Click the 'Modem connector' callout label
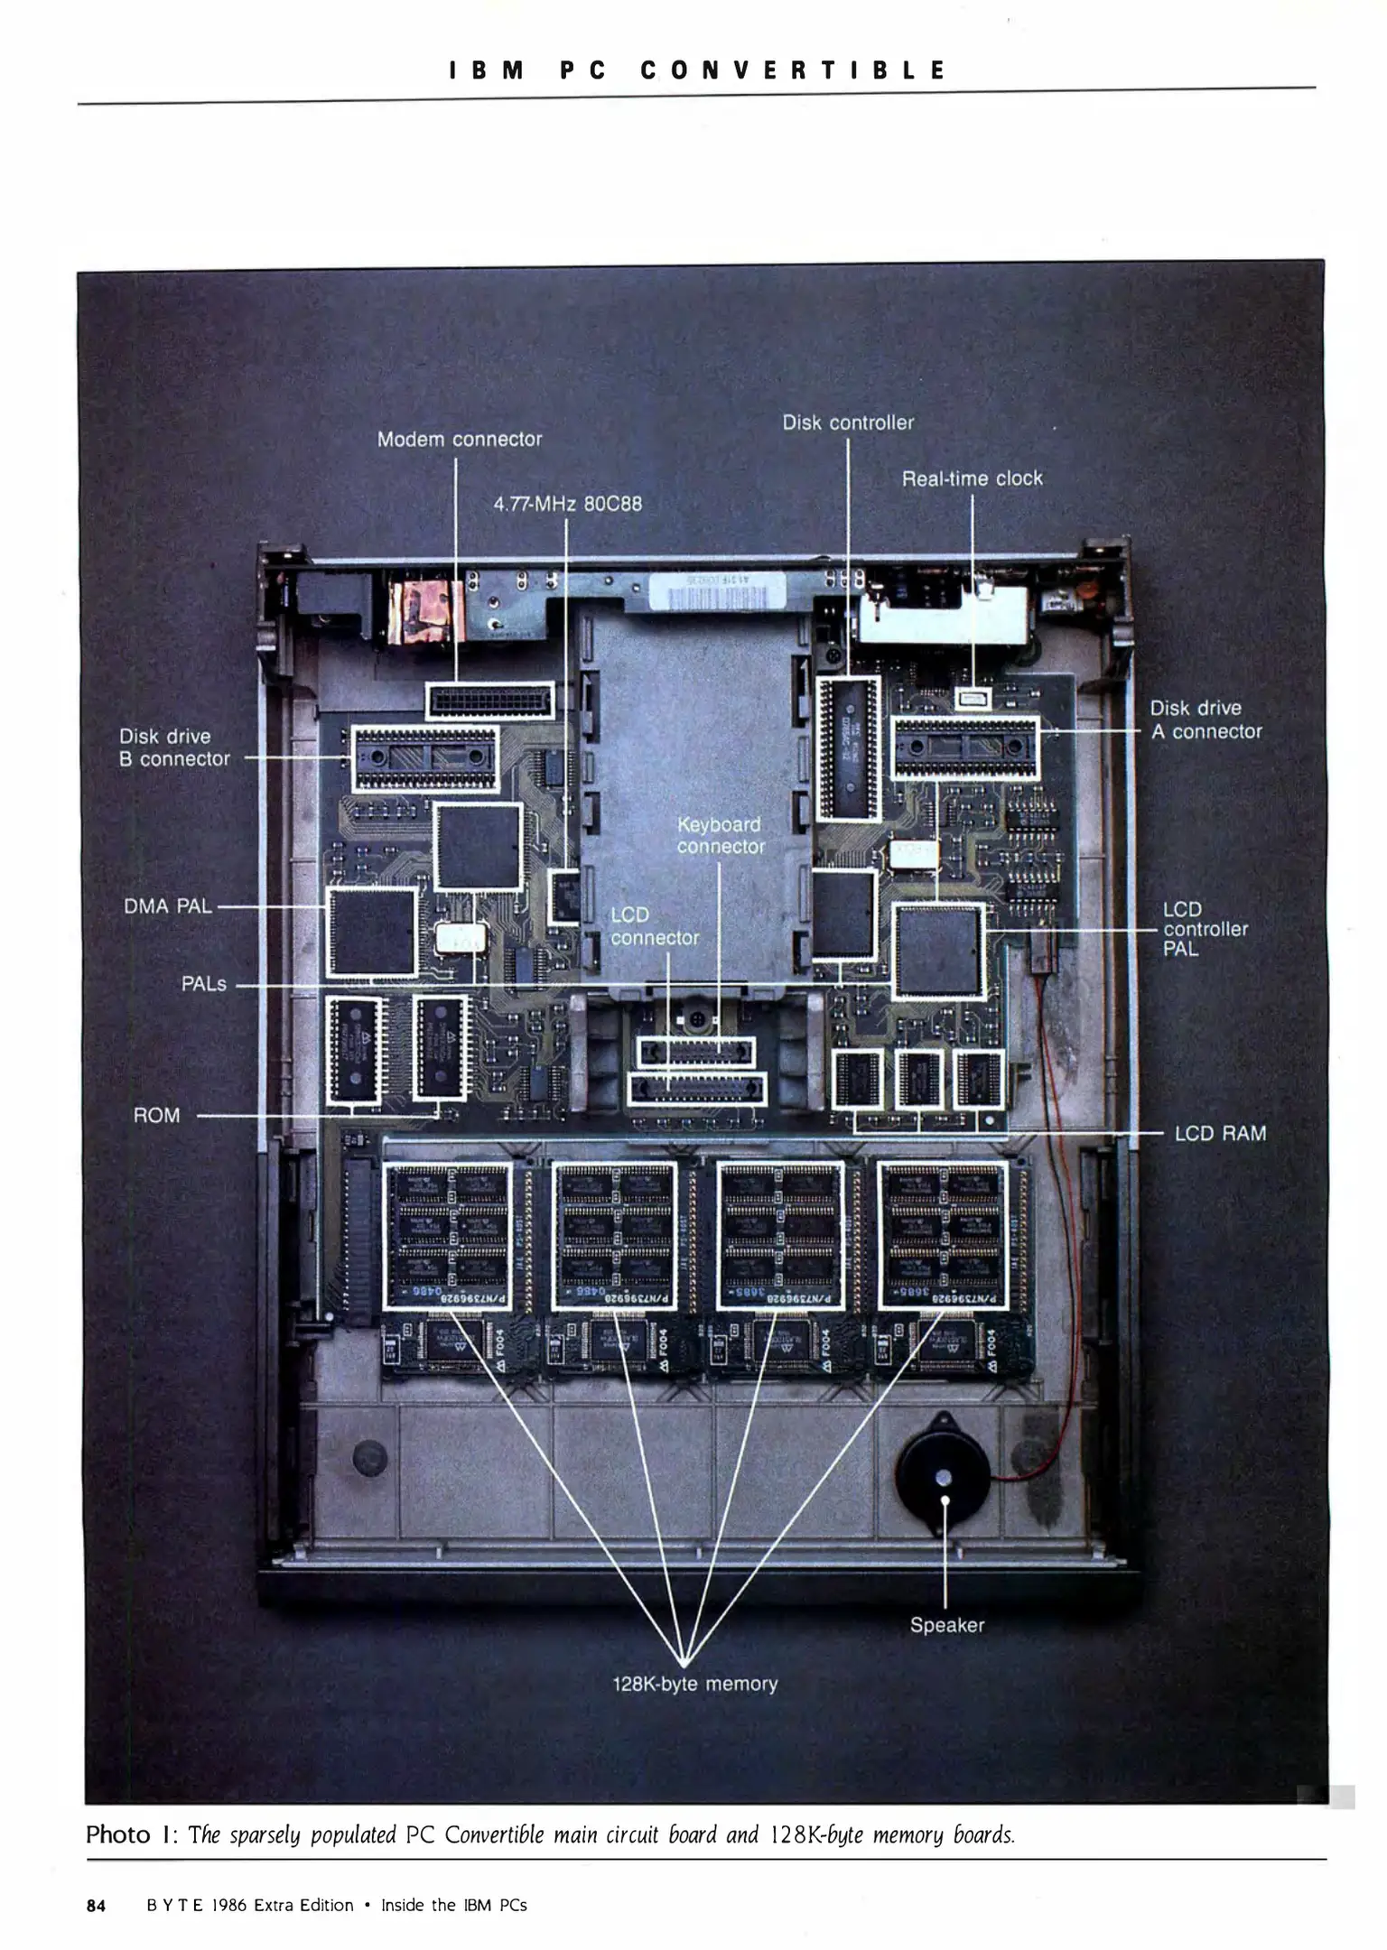coord(459,440)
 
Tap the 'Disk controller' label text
coord(847,422)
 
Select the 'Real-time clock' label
coord(972,478)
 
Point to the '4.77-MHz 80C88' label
coord(567,504)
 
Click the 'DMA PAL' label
coord(168,906)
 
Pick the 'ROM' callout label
coord(156,1116)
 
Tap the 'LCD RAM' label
coord(1220,1134)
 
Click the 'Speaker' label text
coord(946,1625)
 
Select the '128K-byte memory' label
coord(694,1684)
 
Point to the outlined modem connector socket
coord(489,700)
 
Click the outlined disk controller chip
coord(848,748)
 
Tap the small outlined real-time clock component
coord(973,698)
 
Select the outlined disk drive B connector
coord(424,758)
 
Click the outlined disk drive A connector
coord(965,747)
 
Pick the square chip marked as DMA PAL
coord(372,933)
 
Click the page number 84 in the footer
coord(96,1906)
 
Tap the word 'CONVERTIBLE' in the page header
coord(792,70)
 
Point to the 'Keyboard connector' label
coord(720,835)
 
